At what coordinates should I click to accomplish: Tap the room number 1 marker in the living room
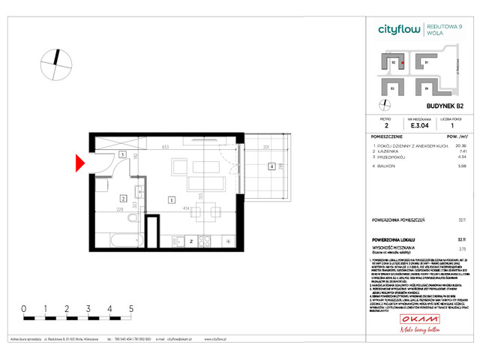[x=172, y=200]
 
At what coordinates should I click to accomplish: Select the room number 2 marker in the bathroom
[x=122, y=199]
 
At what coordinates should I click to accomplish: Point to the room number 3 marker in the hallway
[x=122, y=155]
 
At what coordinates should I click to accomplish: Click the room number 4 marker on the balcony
[x=271, y=166]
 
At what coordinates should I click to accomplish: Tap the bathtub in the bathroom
[x=120, y=241]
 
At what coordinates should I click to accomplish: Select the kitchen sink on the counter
[x=180, y=241]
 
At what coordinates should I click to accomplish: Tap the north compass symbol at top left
[x=53, y=63]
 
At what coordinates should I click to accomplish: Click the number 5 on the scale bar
[x=131, y=308]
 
